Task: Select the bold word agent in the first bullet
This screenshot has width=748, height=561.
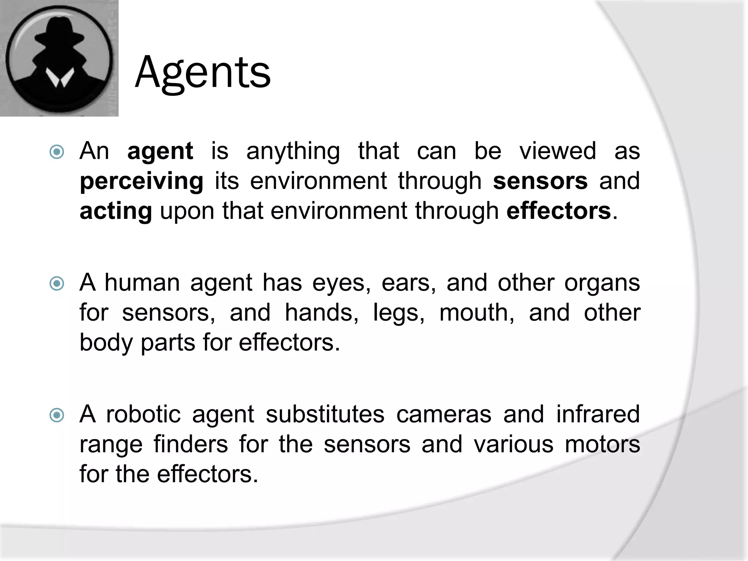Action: (x=160, y=151)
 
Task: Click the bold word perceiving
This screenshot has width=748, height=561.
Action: (x=141, y=182)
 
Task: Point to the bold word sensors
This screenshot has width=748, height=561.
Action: (x=540, y=181)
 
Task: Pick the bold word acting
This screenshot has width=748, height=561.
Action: (x=116, y=211)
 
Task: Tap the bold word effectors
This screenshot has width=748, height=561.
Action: (x=558, y=211)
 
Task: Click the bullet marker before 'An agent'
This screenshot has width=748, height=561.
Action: (x=57, y=152)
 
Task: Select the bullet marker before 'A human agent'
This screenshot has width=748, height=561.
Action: (x=57, y=283)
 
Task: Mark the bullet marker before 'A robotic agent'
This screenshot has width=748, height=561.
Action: (x=57, y=415)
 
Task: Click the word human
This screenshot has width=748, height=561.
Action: (x=142, y=283)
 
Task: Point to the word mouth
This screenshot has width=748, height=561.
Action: (x=477, y=313)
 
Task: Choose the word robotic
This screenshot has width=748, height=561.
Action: (x=143, y=415)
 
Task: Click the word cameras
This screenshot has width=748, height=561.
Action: (x=444, y=415)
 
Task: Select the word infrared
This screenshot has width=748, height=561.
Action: (x=598, y=414)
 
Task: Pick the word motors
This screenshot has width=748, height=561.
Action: (x=602, y=444)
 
